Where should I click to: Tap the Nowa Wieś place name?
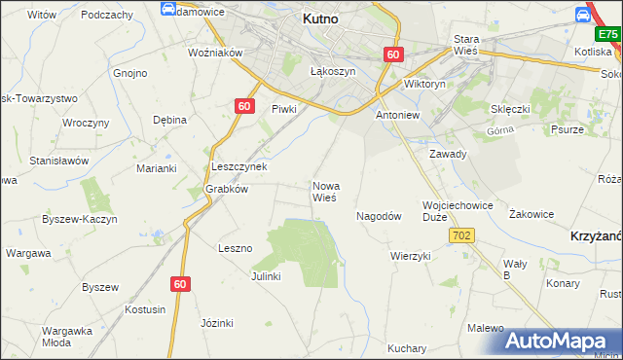click(324, 191)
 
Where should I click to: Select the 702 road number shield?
click(462, 236)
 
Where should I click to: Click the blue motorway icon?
click(584, 14)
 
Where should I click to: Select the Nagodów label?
click(379, 217)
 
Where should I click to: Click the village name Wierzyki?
click(410, 256)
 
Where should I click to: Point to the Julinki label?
click(266, 276)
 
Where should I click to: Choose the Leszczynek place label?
click(239, 166)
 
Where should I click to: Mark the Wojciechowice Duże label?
click(458, 212)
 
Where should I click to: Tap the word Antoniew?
click(396, 114)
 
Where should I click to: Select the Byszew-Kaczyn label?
click(80, 220)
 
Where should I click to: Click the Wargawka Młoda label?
click(67, 336)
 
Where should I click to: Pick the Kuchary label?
click(407, 348)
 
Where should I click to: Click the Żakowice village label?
click(531, 213)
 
